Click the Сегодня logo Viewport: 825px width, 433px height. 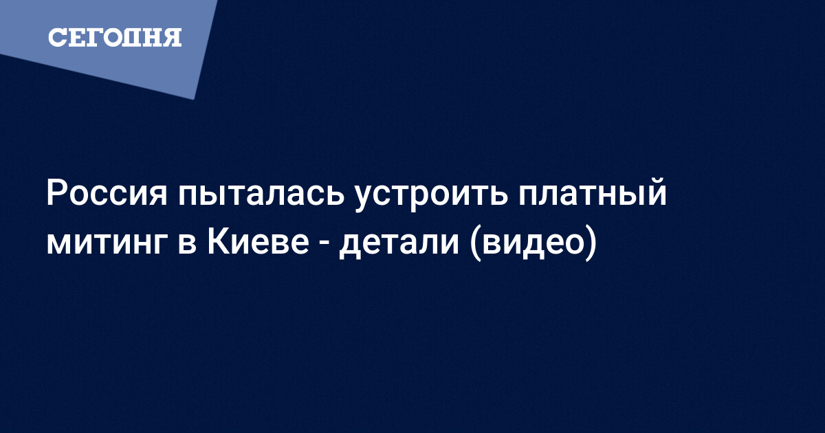coord(115,37)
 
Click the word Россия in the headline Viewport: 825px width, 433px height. coord(107,193)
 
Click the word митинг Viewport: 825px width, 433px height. coord(106,243)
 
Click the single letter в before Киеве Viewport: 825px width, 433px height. coord(186,243)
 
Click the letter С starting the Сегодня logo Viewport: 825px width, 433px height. coord(57,38)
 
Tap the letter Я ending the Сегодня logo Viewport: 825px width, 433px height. coord(172,38)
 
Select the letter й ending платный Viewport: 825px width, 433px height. coord(657,191)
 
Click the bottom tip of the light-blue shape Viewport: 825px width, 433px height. coord(194,100)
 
